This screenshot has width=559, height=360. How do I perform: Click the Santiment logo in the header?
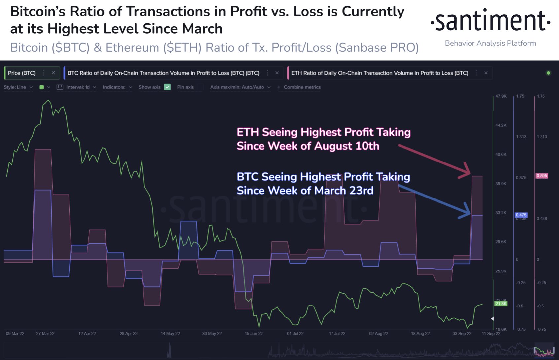pos(490,21)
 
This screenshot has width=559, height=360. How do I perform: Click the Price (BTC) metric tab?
pos(22,73)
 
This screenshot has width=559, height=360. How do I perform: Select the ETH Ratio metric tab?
pos(379,73)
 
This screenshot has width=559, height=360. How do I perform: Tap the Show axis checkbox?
pos(167,87)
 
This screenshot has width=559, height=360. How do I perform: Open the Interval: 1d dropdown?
pos(78,87)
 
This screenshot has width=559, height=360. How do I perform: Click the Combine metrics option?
pos(302,87)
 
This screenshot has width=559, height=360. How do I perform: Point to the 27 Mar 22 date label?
pos(45,333)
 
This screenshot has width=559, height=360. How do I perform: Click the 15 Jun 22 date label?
pos(254,333)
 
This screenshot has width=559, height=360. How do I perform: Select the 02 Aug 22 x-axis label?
pos(378,333)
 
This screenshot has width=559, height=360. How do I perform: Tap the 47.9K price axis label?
pos(501,96)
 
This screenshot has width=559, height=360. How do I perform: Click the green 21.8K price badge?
pos(501,304)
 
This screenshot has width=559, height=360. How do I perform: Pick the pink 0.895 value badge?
pos(542,176)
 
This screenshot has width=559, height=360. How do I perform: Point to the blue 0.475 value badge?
pos(521,215)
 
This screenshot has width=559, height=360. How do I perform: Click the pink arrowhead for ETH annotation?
pos(466,171)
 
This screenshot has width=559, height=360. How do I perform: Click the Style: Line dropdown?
pos(18,87)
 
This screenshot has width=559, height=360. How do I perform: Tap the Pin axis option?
pos(186,87)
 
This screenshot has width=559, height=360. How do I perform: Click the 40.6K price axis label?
pos(501,154)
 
